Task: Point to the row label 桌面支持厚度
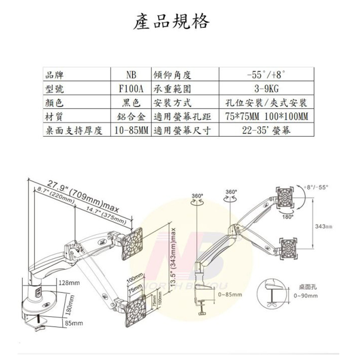pyautogui.click(x=75, y=131)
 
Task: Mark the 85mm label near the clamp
pyautogui.click(x=73, y=323)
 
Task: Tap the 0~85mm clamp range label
pyautogui.click(x=229, y=295)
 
